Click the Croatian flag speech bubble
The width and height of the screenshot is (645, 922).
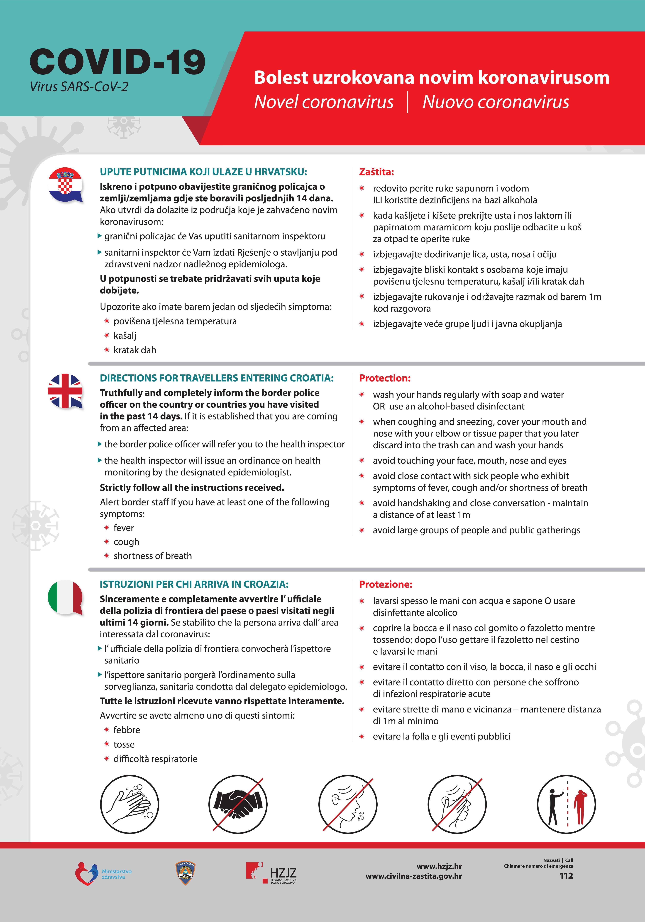(65, 185)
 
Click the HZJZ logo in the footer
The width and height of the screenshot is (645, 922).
(272, 873)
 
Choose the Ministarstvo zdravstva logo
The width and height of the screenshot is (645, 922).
(103, 874)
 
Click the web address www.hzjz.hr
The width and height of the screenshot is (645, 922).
(439, 866)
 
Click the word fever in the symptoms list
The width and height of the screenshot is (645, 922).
(124, 528)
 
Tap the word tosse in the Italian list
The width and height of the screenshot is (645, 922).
(124, 744)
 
